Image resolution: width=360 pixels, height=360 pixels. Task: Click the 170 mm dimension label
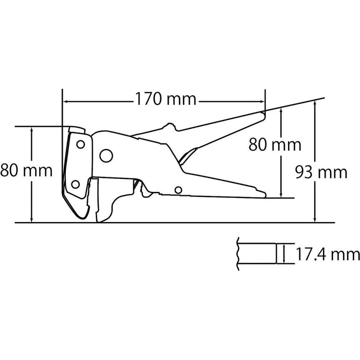[165, 98]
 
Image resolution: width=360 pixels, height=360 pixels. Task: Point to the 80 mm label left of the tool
[26, 170]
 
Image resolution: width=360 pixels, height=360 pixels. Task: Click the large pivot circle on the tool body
[106, 155]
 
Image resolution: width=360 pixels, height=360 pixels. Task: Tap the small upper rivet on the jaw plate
[80, 143]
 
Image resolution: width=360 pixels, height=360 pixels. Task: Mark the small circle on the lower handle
[178, 190]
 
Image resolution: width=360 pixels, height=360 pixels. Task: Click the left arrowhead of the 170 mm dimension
[65, 101]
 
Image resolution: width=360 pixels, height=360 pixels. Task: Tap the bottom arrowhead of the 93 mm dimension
[315, 220]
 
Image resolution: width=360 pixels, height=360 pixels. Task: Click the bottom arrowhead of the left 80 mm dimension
[32, 220]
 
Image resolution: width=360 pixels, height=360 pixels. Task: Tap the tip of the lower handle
[265, 195]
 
